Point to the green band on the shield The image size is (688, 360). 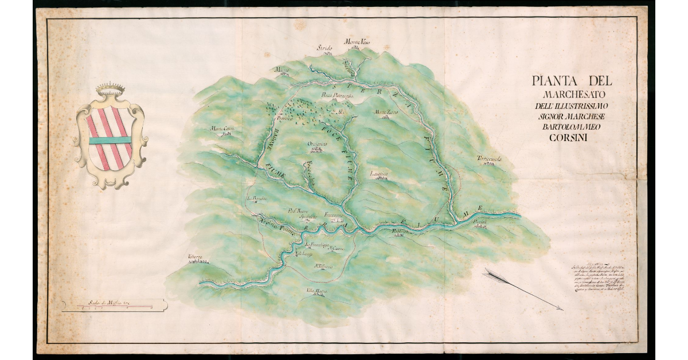[109, 140]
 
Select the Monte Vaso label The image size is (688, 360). [357, 42]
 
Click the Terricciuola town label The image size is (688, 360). [488, 159]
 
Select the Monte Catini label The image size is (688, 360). [223, 128]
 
